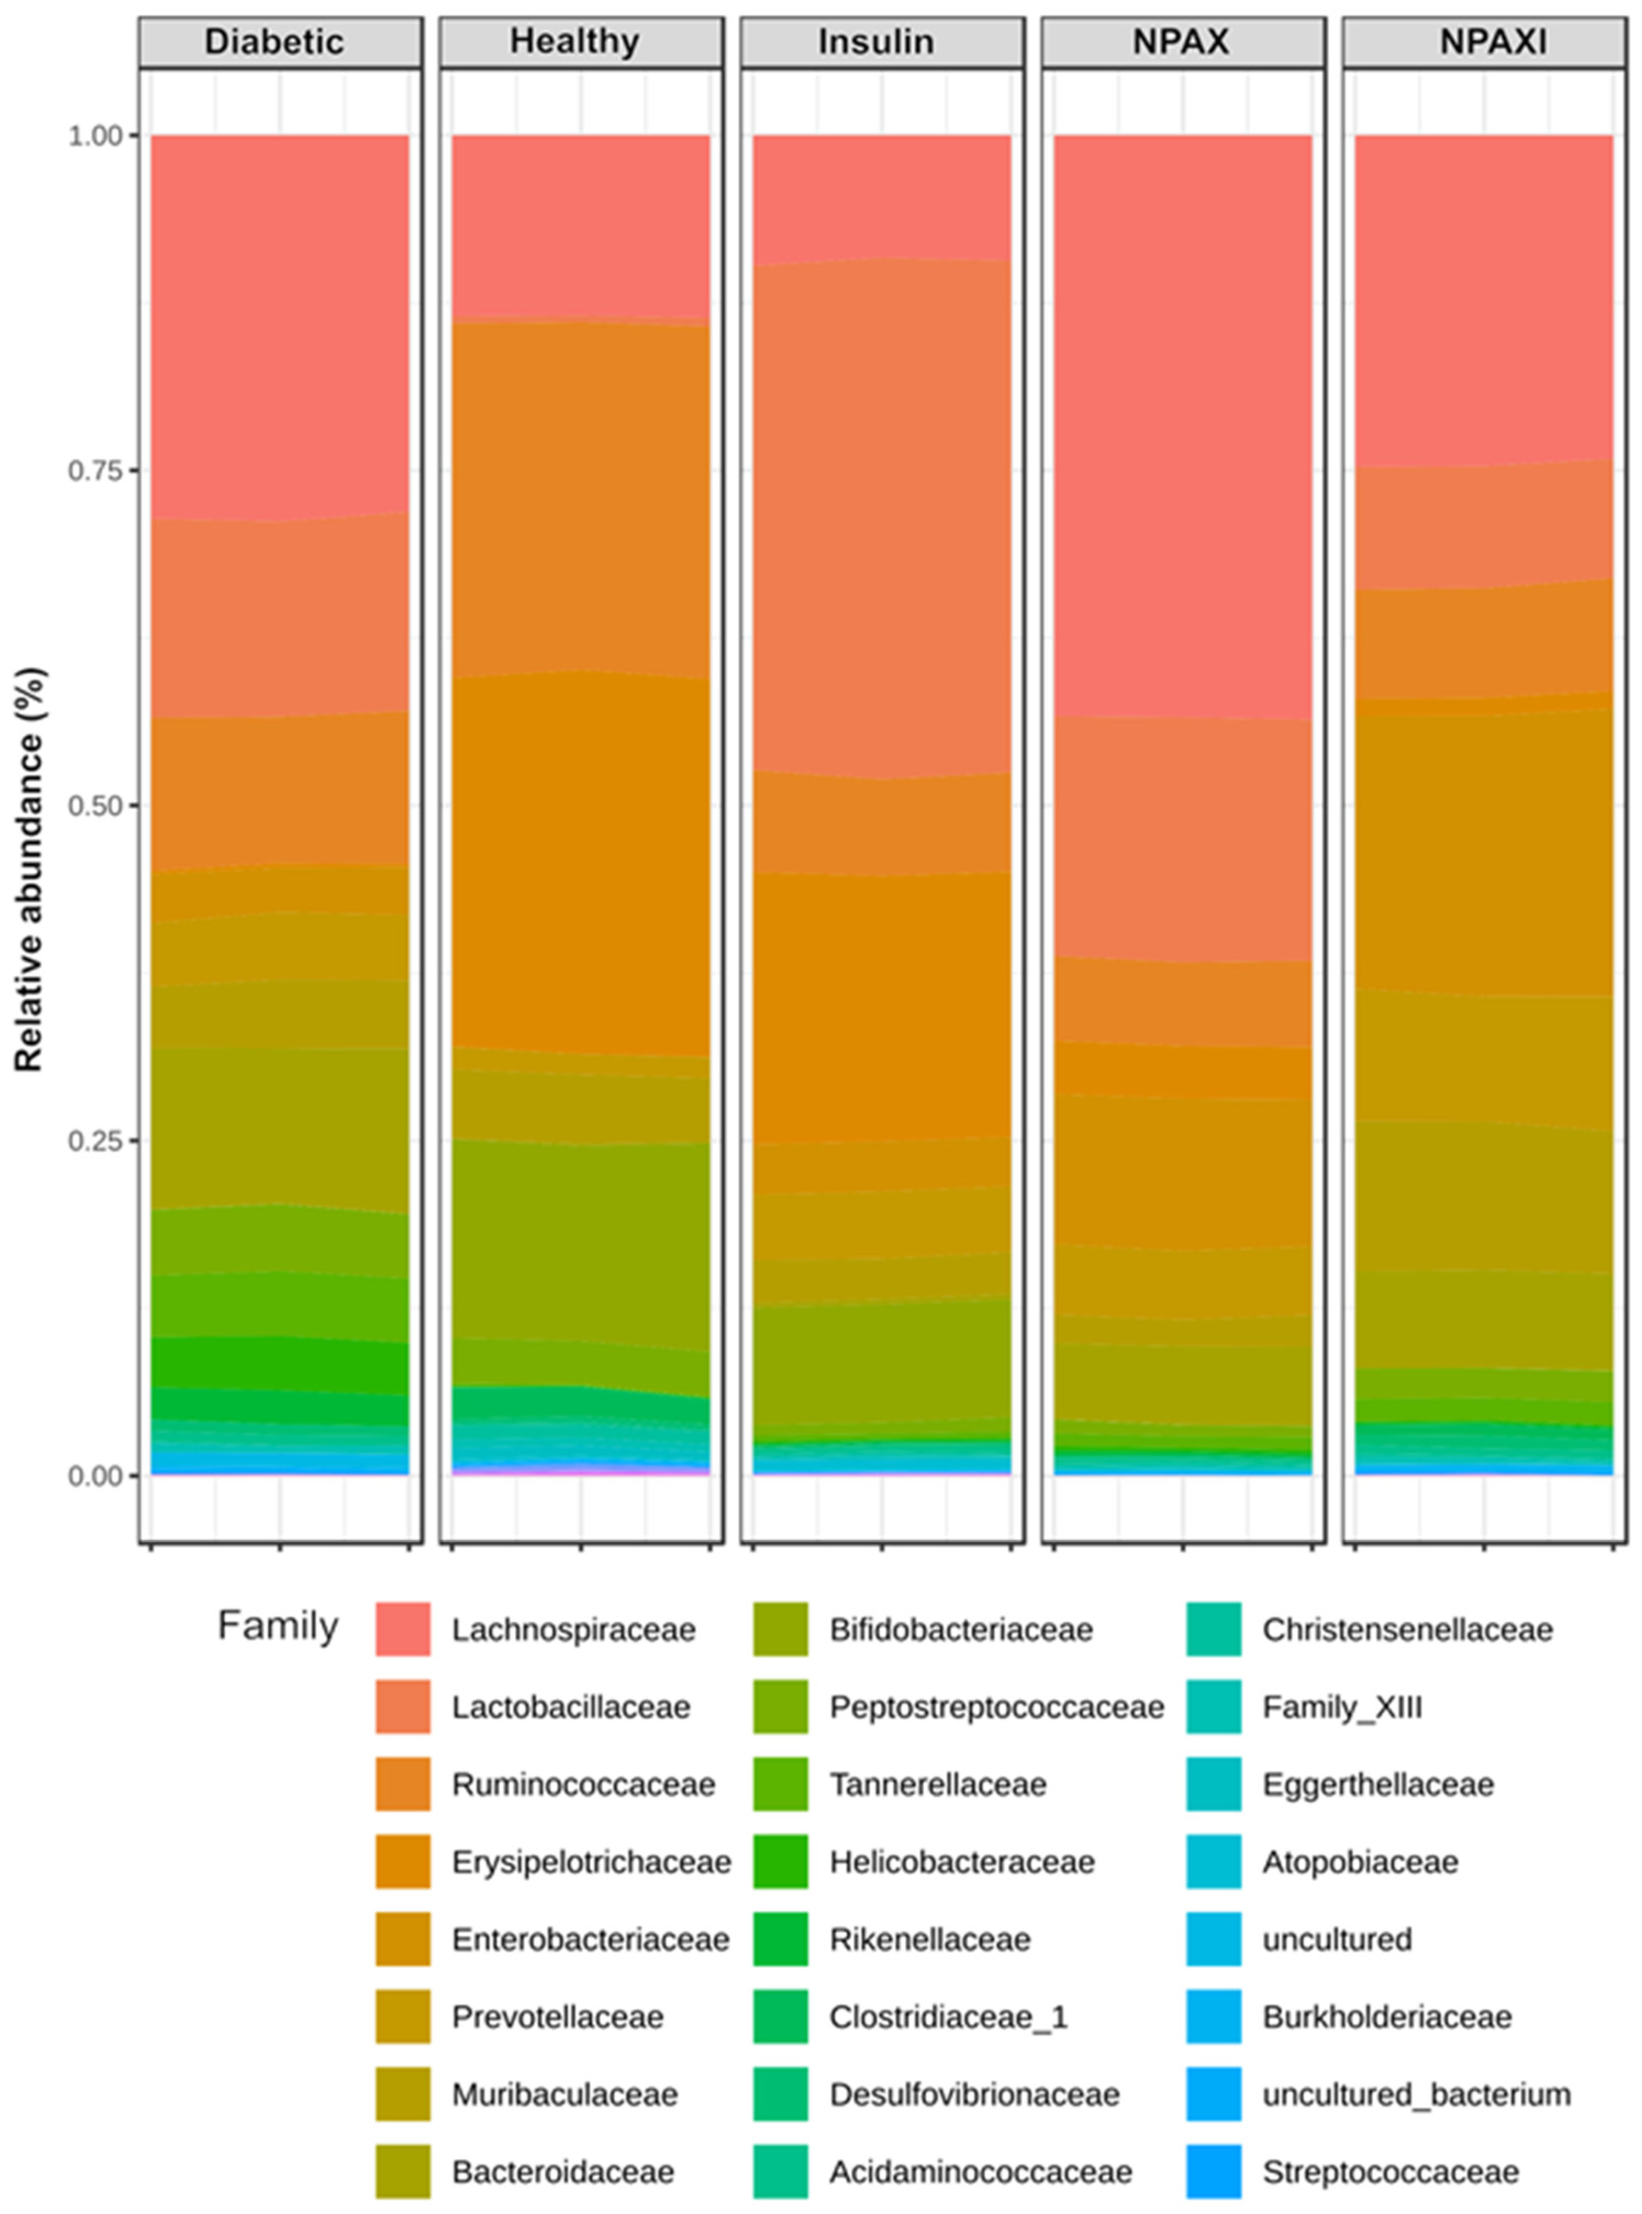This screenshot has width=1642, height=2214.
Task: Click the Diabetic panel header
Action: tap(275, 42)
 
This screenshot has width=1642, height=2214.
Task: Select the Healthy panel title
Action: tap(574, 42)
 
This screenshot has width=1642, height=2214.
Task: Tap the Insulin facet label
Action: tap(876, 42)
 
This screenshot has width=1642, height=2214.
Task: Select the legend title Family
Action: tap(278, 1627)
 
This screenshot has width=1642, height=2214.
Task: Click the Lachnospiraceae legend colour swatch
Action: tap(403, 1629)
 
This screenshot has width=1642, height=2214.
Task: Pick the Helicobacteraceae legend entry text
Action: tap(962, 1862)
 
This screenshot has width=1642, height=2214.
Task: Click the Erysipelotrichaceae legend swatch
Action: tap(403, 1862)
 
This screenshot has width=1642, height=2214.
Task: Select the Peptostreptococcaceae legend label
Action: tap(997, 1707)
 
